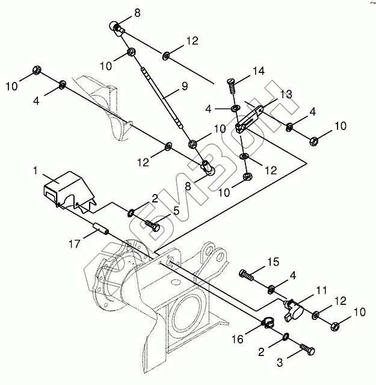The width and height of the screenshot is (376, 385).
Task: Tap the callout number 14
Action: point(258,71)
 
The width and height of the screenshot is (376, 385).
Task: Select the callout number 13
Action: point(286,94)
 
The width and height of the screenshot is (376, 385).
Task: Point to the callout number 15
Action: point(273,263)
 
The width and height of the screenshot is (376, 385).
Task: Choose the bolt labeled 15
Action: point(247,274)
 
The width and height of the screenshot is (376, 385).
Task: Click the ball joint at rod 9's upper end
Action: point(116,27)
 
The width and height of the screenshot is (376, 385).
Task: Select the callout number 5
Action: point(176,210)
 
